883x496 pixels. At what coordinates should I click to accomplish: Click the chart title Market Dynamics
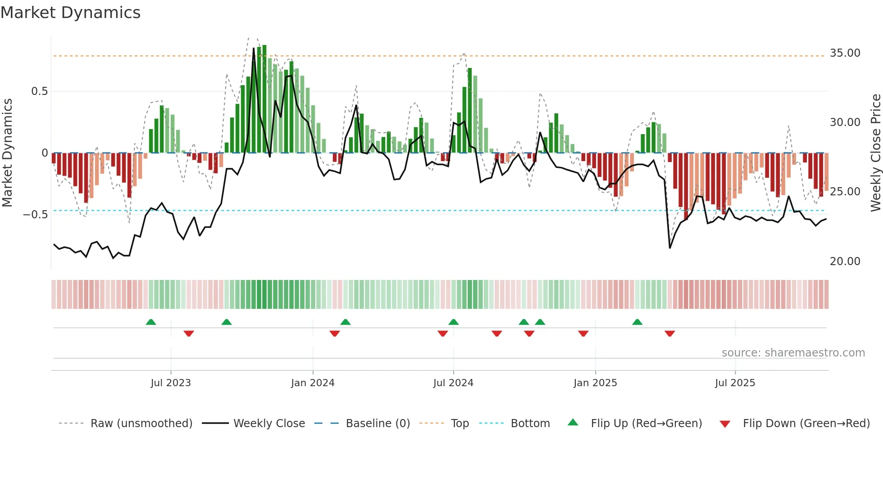70,13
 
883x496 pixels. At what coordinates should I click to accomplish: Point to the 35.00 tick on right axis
845,53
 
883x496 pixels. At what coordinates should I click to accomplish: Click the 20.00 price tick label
845,262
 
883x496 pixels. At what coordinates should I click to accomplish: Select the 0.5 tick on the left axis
39,91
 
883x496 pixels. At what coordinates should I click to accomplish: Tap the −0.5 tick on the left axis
36,215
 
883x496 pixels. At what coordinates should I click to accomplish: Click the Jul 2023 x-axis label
171,383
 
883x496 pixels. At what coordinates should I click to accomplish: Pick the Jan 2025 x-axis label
595,383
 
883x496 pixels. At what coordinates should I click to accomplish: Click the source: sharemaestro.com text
793,353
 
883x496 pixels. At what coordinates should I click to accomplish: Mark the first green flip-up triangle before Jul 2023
151,322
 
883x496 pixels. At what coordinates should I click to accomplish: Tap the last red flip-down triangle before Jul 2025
669,334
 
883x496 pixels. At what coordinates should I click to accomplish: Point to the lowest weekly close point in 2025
670,248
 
